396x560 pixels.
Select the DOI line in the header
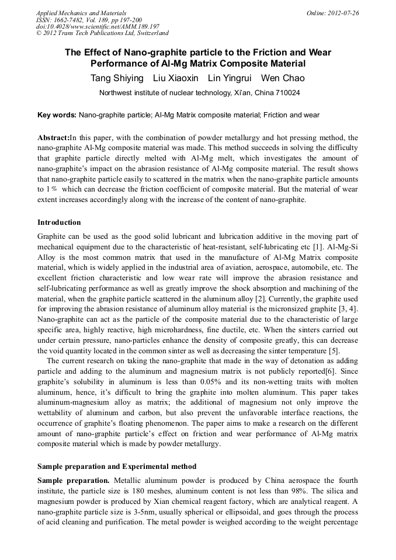point(90,26)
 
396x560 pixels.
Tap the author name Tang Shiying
point(116,78)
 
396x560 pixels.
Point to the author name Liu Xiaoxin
point(175,78)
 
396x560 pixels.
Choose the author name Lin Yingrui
point(230,78)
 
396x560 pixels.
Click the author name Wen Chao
point(283,78)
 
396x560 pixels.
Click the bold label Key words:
point(57,115)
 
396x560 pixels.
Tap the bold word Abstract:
point(53,137)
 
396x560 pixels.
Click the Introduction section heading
point(59,222)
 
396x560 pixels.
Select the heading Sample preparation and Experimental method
point(117,466)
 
